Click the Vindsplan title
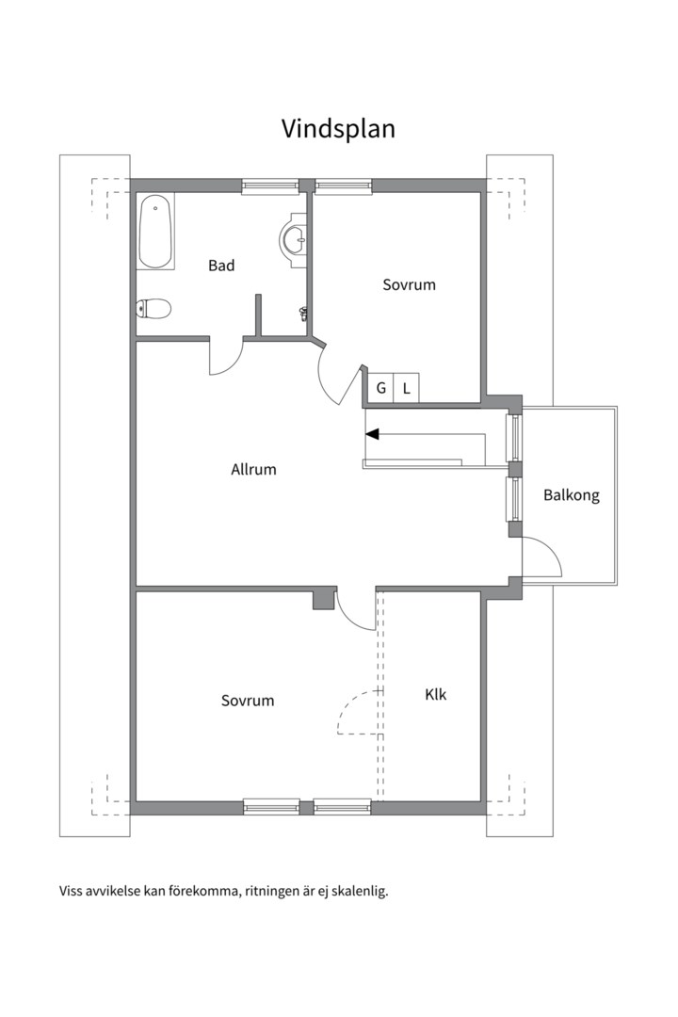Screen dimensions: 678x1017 point(338,129)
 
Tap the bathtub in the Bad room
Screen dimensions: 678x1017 point(155,232)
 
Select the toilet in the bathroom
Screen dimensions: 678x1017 point(153,309)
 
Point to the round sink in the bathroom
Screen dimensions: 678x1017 point(294,238)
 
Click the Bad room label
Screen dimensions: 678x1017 point(221,266)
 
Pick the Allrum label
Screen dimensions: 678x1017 point(253,469)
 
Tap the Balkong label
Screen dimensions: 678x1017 point(571,495)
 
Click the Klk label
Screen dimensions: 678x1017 point(436,695)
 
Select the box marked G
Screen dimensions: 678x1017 point(380,388)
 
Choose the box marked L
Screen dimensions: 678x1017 point(406,388)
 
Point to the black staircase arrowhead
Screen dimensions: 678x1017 point(372,434)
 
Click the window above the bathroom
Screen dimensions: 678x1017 point(270,186)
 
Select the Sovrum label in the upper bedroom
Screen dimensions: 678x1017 point(409,284)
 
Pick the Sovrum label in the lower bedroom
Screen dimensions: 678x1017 point(248,701)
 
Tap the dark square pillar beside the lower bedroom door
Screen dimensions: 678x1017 point(324,598)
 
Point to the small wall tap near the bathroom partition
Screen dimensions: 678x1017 point(302,314)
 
